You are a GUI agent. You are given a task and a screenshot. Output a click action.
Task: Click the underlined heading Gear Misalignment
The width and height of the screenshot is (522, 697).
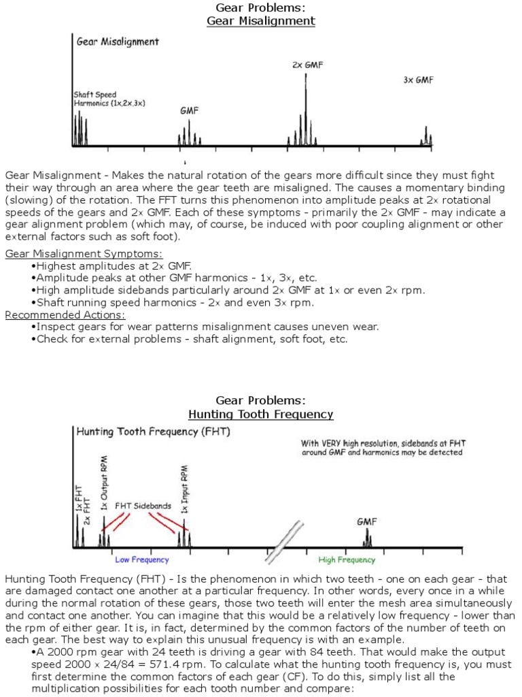(261, 21)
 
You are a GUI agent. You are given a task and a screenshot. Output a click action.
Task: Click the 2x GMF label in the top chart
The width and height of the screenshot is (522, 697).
(307, 65)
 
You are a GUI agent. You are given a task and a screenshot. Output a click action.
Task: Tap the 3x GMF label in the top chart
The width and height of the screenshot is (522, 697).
(418, 80)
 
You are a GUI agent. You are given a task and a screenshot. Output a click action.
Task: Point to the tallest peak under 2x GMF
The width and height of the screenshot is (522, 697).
(305, 102)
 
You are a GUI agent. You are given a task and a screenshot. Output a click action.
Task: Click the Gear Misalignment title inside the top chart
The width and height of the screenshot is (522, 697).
(118, 42)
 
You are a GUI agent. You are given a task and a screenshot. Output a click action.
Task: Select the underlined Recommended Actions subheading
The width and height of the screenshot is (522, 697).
(65, 314)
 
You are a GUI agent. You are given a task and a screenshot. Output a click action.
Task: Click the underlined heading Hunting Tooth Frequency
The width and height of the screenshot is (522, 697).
(261, 414)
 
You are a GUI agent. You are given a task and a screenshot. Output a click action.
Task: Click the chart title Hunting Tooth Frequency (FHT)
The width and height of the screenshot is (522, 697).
(153, 432)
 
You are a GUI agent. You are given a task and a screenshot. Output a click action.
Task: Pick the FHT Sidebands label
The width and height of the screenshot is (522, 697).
(143, 506)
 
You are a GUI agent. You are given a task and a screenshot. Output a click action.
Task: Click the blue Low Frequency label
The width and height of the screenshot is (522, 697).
(141, 560)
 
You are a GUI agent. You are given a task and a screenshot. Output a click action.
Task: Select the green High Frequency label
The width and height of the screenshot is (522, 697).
(347, 560)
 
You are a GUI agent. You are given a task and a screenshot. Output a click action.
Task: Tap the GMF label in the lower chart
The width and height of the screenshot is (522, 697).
(367, 522)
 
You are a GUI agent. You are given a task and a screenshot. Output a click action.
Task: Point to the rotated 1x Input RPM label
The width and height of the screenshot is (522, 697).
(184, 489)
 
